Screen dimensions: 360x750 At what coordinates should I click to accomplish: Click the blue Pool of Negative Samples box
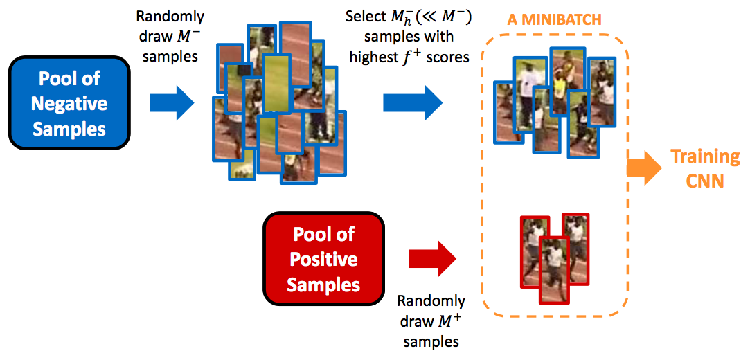69,104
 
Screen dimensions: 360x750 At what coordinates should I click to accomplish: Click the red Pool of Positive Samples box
323,260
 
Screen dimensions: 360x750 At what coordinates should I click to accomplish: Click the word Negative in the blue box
69,104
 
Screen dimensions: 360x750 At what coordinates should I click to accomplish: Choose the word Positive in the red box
323,260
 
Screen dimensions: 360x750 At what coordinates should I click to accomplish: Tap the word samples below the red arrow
431,341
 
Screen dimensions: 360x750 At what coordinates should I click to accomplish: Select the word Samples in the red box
323,285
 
